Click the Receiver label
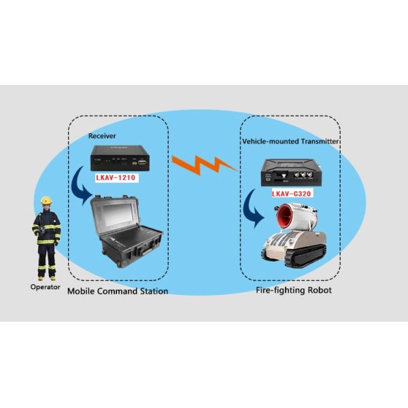coord(103,136)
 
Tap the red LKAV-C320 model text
coord(290,194)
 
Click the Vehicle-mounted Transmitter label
coord(291,141)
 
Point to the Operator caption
coord(46,286)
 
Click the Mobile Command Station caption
coord(118,291)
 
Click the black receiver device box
coord(120,162)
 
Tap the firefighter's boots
coord(46,274)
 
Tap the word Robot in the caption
coord(318,291)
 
